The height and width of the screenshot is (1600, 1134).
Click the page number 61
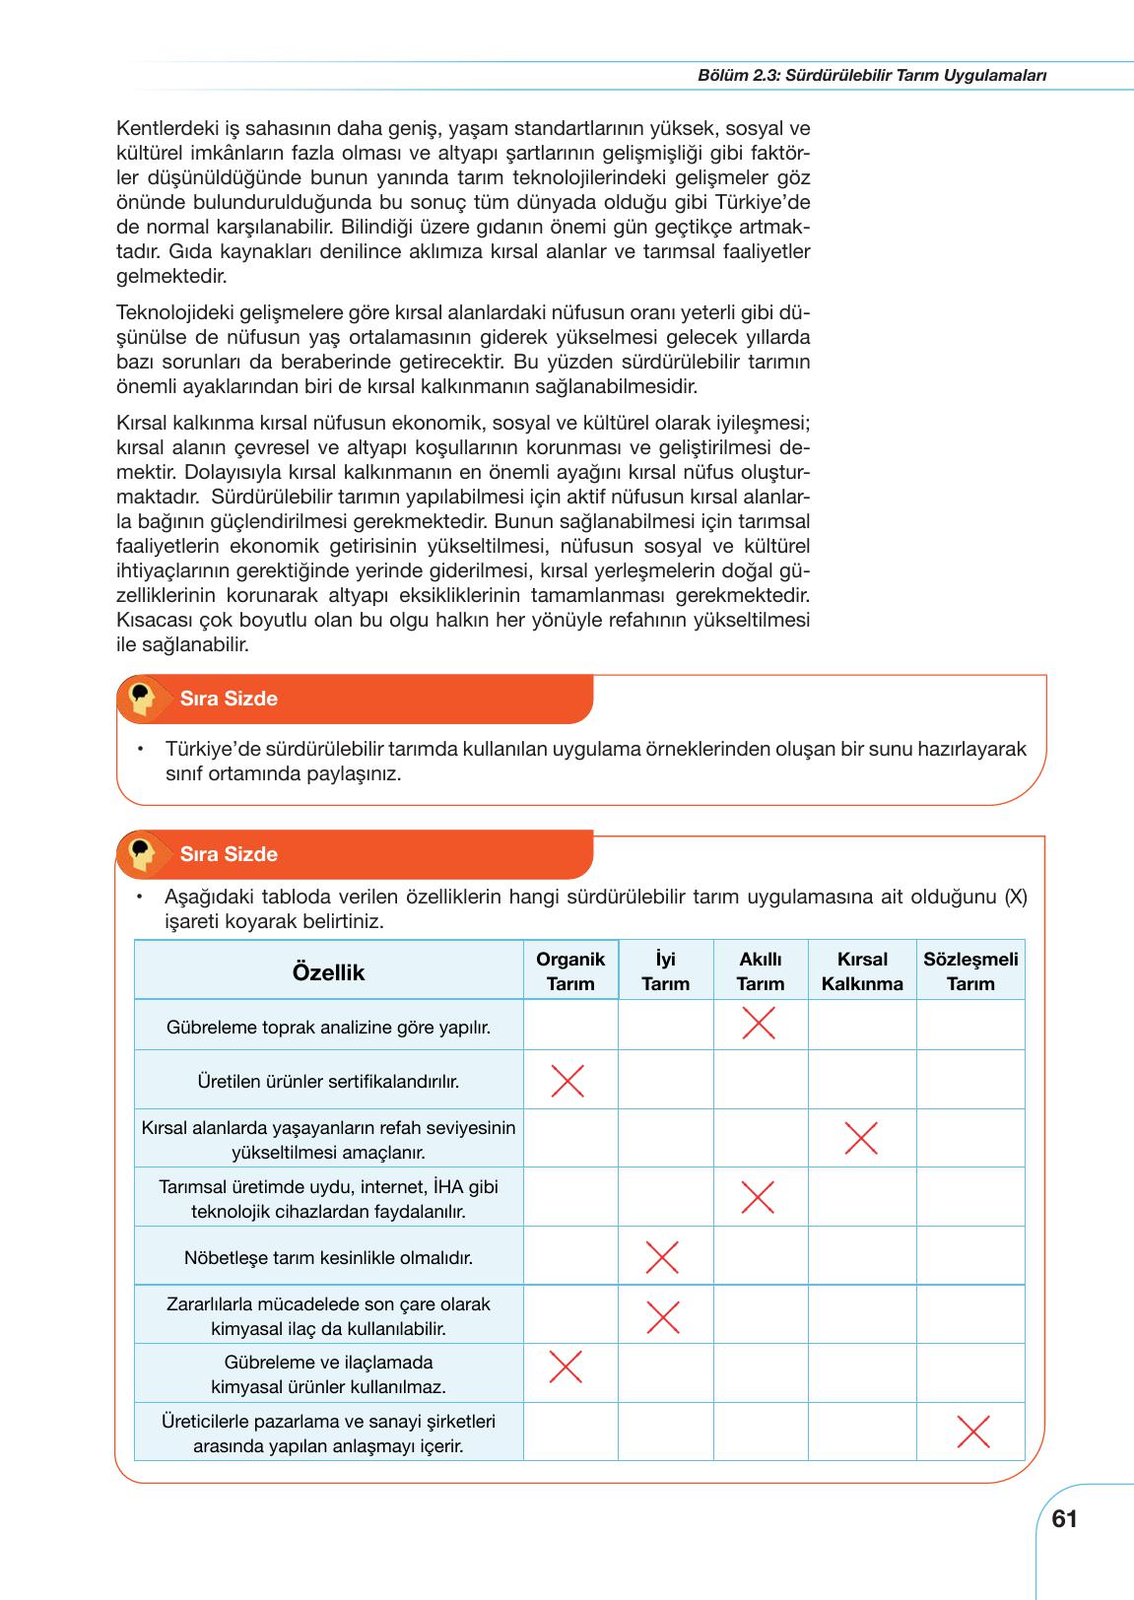pos(1064,1519)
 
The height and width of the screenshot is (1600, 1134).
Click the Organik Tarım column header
pos(570,971)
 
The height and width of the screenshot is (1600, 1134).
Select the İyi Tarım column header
pos(665,971)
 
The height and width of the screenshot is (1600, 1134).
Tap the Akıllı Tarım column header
pos(760,971)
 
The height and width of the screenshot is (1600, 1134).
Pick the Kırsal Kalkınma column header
pos(862,971)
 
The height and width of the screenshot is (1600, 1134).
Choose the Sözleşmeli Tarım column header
pos(970,971)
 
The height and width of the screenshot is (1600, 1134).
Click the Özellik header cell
pos(328,972)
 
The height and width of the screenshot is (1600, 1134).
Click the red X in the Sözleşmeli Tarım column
pos(973,1432)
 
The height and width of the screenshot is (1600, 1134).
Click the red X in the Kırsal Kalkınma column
pos(861,1139)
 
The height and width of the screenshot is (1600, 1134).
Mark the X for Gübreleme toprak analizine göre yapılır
pos(758,1024)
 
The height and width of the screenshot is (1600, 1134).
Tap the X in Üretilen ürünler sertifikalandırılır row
pos(567,1081)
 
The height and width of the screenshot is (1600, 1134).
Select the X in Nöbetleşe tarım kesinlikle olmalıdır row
pos(662,1257)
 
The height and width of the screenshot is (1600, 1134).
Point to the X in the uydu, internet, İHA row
pos(758,1197)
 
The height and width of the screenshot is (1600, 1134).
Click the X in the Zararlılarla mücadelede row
pos(662,1316)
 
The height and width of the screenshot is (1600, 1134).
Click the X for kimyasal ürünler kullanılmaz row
pos(566,1367)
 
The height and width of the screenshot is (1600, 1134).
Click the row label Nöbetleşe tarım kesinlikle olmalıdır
pos(328,1258)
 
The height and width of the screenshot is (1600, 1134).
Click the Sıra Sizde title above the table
pos(229,854)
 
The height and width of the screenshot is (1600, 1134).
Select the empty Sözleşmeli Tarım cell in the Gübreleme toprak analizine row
pos(970,1025)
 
